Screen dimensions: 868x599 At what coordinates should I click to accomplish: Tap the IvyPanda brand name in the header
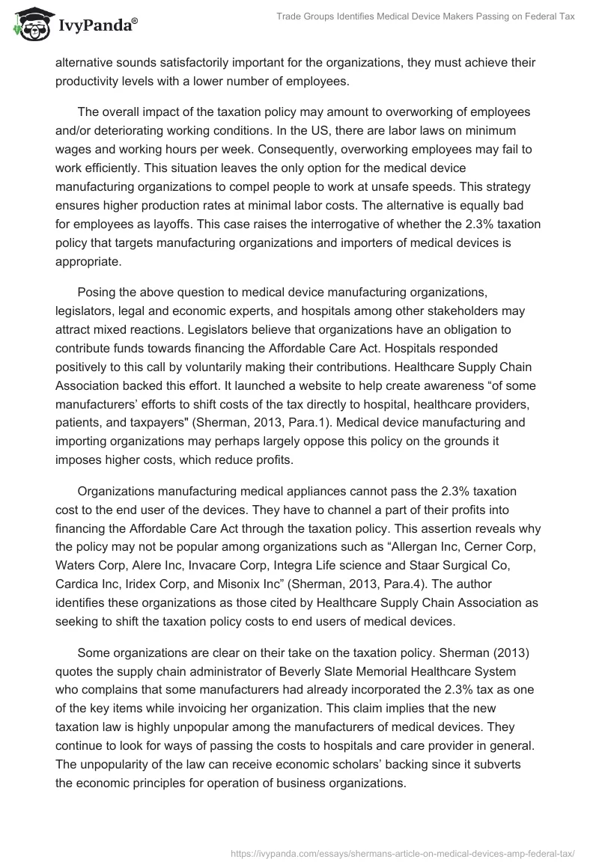pyautogui.click(x=97, y=26)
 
